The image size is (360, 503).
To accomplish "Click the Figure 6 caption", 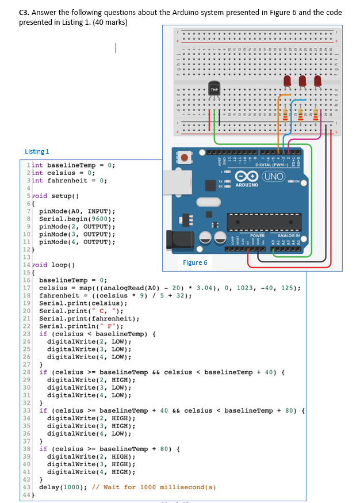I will pos(195,262).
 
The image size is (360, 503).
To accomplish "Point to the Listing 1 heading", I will pos(37,151).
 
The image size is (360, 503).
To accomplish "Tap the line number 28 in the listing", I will pos(27,372).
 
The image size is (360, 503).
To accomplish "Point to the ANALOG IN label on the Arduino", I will pos(288,235).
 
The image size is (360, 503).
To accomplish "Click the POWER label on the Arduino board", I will pos(257,235).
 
